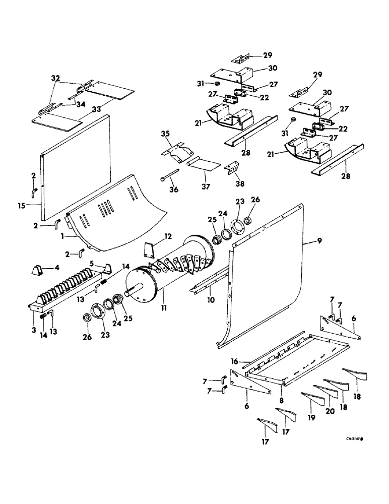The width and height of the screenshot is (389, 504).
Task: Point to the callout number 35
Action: coord(166,134)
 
